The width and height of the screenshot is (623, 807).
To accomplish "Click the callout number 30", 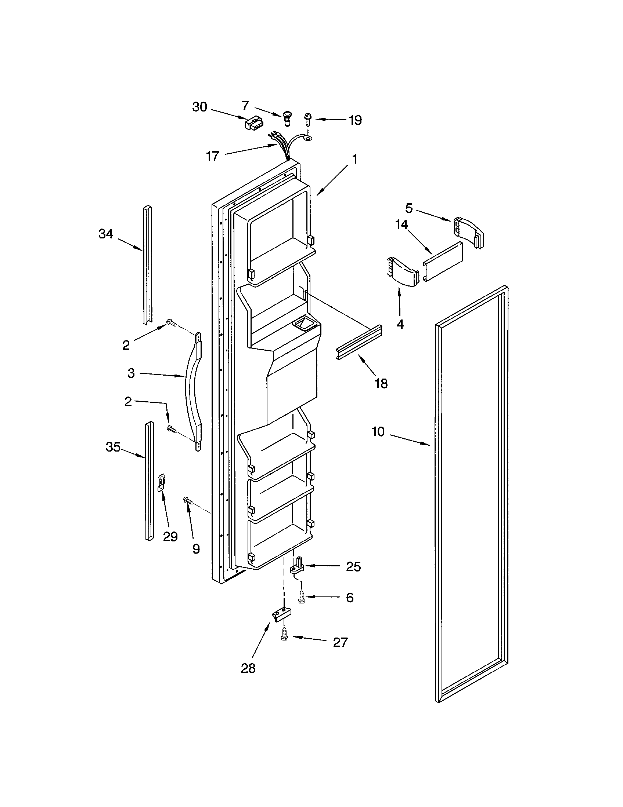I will click(x=199, y=107).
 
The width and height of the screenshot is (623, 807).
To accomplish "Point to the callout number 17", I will click(x=212, y=156).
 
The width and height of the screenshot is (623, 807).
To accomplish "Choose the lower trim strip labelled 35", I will click(x=149, y=481).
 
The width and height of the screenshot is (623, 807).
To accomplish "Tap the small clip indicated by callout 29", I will click(x=162, y=483).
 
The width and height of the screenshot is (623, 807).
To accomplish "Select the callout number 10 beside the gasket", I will click(x=378, y=431).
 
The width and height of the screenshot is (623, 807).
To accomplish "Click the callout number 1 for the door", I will click(x=354, y=159).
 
